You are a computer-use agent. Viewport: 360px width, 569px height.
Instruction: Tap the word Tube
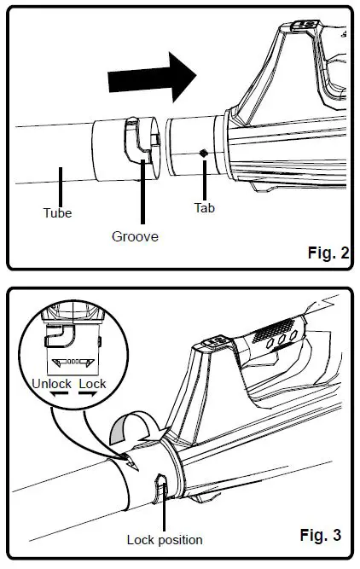[57, 212]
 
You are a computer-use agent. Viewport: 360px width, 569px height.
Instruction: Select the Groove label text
[134, 236]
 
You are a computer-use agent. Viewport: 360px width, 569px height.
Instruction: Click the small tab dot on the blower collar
[203, 153]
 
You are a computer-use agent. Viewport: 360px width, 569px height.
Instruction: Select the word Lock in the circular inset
[92, 384]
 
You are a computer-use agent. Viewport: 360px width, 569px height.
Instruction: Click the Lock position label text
[164, 539]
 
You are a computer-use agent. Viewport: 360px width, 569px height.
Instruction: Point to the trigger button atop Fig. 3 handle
[210, 345]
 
